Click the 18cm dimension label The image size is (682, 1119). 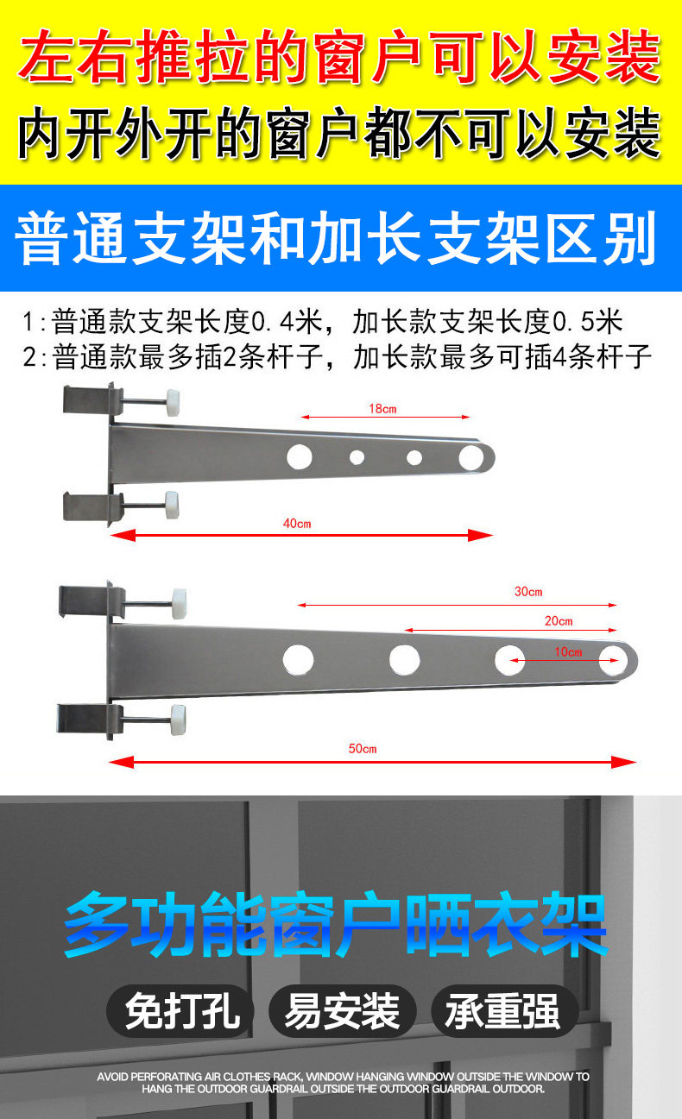point(382,409)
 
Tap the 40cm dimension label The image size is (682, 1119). point(297,524)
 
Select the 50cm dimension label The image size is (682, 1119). point(363,748)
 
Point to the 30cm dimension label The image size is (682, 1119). point(528,592)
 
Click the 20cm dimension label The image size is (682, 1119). point(559,621)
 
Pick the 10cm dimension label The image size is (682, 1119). point(568,652)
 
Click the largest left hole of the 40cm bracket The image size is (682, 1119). point(300,457)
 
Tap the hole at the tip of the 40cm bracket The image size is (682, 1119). point(471,457)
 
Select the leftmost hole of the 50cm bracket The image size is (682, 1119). point(298,659)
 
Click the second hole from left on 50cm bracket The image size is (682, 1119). point(405,659)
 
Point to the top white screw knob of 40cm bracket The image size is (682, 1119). point(173,403)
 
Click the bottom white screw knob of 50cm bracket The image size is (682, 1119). point(178,720)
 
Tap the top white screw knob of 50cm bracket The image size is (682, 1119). point(179,604)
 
